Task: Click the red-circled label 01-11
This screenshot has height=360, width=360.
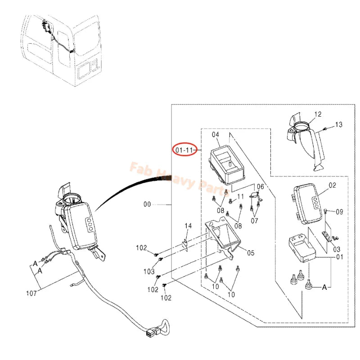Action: click(184, 150)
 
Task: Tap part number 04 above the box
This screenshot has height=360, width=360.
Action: click(216, 135)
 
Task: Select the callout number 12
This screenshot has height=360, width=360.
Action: click(318, 114)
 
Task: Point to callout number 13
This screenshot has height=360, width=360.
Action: click(339, 125)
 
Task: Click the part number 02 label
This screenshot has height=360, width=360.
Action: click(332, 185)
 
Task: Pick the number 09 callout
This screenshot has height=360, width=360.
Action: click(339, 211)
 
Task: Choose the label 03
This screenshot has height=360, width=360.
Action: click(337, 249)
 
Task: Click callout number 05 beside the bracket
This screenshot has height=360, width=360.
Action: click(251, 253)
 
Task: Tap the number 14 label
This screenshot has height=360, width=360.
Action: click(188, 226)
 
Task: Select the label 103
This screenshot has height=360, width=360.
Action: click(149, 272)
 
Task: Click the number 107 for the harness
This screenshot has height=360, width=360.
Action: click(31, 293)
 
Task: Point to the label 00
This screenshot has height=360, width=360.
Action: click(147, 204)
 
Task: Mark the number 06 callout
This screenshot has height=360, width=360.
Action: click(261, 186)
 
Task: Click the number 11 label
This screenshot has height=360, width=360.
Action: click(240, 197)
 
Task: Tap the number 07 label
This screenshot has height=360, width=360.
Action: click(254, 221)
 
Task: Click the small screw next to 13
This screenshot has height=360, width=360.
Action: click(324, 129)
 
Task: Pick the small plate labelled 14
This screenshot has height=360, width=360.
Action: click(185, 245)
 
